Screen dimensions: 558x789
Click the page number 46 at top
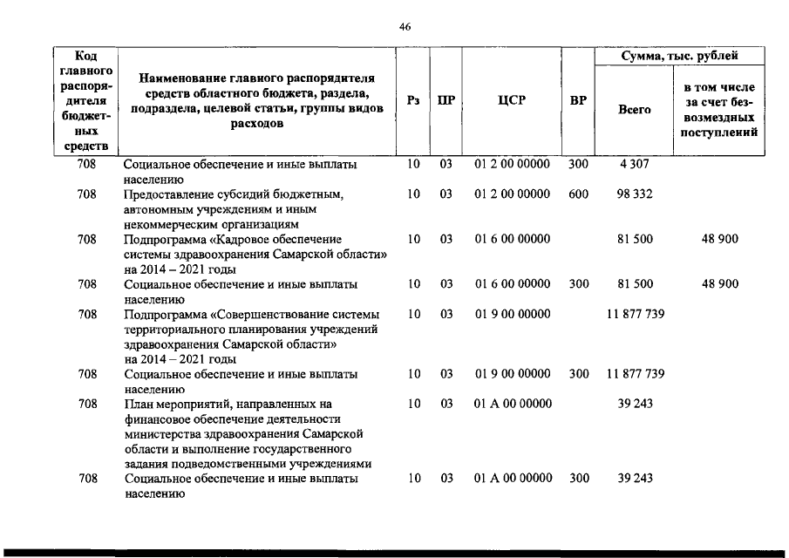point(405,27)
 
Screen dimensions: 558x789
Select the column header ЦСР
point(511,101)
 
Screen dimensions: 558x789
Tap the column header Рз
point(414,101)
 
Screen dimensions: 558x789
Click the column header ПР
point(446,101)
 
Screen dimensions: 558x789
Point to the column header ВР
point(578,101)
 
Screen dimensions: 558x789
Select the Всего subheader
point(635,110)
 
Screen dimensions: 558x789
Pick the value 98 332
point(635,194)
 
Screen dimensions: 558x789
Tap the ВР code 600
point(578,194)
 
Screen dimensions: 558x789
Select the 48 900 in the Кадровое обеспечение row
point(720,239)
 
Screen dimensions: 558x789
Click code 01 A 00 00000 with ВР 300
point(513,479)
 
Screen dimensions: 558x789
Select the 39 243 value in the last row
point(635,479)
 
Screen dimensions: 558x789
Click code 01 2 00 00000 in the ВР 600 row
point(513,194)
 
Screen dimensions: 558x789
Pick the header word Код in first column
point(86,56)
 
